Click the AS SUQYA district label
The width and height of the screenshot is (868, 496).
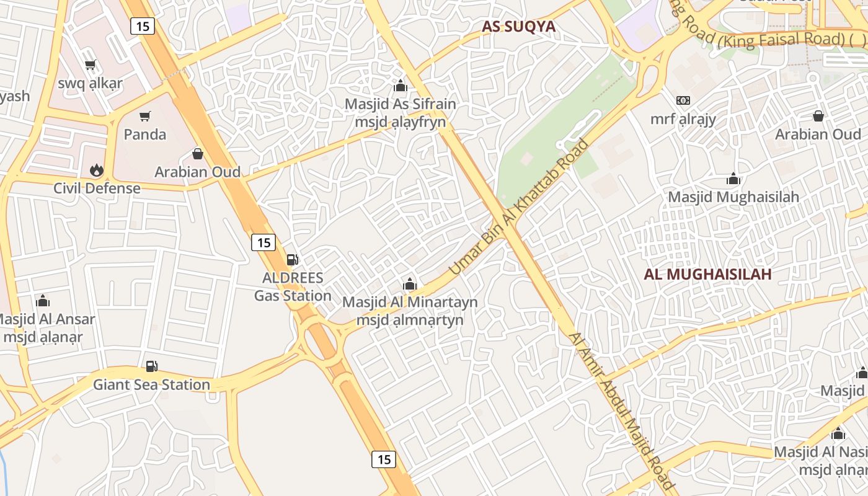coord(518,27)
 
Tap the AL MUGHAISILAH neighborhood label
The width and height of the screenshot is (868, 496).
coord(707,274)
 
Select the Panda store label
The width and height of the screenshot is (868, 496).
coord(145,134)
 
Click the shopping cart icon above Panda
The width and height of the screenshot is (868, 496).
coord(145,116)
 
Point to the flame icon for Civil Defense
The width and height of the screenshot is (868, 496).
coord(96,170)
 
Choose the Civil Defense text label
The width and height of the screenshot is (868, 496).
coord(97,188)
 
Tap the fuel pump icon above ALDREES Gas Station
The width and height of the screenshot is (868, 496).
coord(292,260)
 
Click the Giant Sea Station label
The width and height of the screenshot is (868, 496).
coord(151,384)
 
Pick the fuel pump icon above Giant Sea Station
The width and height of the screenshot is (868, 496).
coord(151,366)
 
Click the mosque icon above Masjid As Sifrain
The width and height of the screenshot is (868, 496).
coord(401,86)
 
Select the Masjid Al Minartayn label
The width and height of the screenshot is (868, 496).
coord(410,302)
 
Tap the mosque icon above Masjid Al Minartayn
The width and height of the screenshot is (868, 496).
coord(409,285)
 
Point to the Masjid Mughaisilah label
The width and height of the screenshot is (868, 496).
coord(733,197)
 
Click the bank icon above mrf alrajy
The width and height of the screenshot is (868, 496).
coord(683,100)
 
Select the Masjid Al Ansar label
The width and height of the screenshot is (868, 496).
coord(45,319)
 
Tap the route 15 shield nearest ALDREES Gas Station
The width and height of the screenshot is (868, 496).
coord(263,242)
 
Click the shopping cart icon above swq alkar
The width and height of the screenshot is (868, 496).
coord(91,65)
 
